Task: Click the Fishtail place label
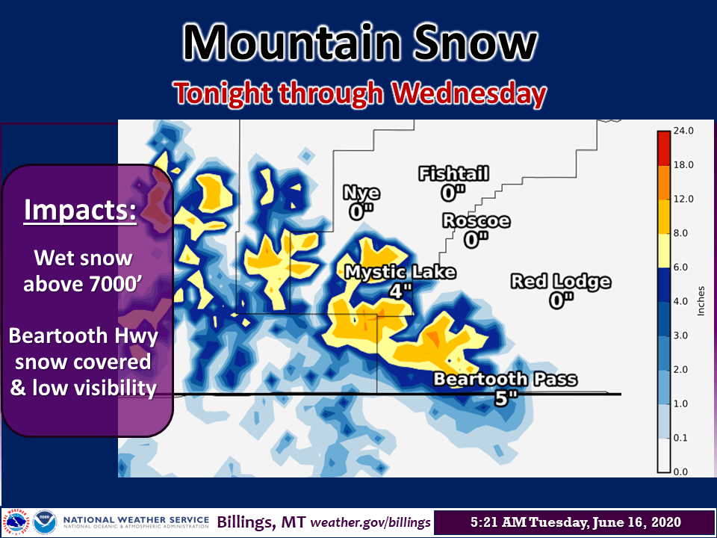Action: coord(453,174)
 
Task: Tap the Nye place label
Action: coord(361,193)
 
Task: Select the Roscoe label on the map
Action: coord(476,221)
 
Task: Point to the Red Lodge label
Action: coord(561,282)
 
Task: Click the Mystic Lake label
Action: coord(400,272)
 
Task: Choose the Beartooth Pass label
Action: coord(506,380)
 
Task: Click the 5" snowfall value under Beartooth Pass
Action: coord(506,398)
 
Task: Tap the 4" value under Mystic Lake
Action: coord(400,291)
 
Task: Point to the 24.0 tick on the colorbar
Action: coord(683,131)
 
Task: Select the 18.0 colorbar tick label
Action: coord(683,164)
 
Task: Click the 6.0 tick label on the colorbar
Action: coord(681,268)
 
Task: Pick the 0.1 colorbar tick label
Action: coord(680,438)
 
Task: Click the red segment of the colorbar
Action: coord(663,148)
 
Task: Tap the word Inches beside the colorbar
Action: coord(701,300)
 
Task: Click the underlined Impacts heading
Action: coord(80,210)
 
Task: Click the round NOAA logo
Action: coord(45,522)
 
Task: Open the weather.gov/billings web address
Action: coord(370,522)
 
